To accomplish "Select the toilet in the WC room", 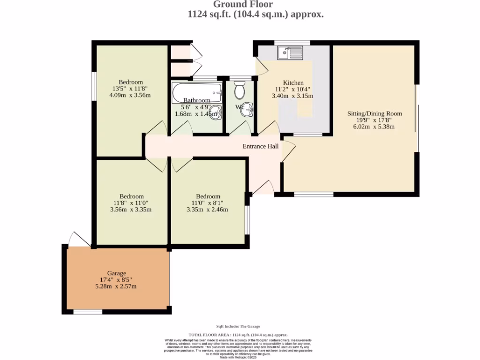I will tap(240, 90).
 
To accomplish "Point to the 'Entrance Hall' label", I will tap(260, 146).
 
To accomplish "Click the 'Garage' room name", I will tap(116, 273).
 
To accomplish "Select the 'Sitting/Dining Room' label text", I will tap(374, 113).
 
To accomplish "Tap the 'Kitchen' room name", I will tap(292, 82).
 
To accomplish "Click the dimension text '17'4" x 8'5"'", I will tap(116, 280).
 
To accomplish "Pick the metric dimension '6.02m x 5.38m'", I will tap(374, 127).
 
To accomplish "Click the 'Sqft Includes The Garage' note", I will tap(238, 326).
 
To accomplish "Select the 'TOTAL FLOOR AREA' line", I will tap(238, 335).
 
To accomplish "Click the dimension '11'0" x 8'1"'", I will tap(208, 203).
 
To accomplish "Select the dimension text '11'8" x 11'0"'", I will tap(131, 203).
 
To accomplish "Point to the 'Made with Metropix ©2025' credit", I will tap(238, 358).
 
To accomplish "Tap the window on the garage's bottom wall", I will tap(88, 312).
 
